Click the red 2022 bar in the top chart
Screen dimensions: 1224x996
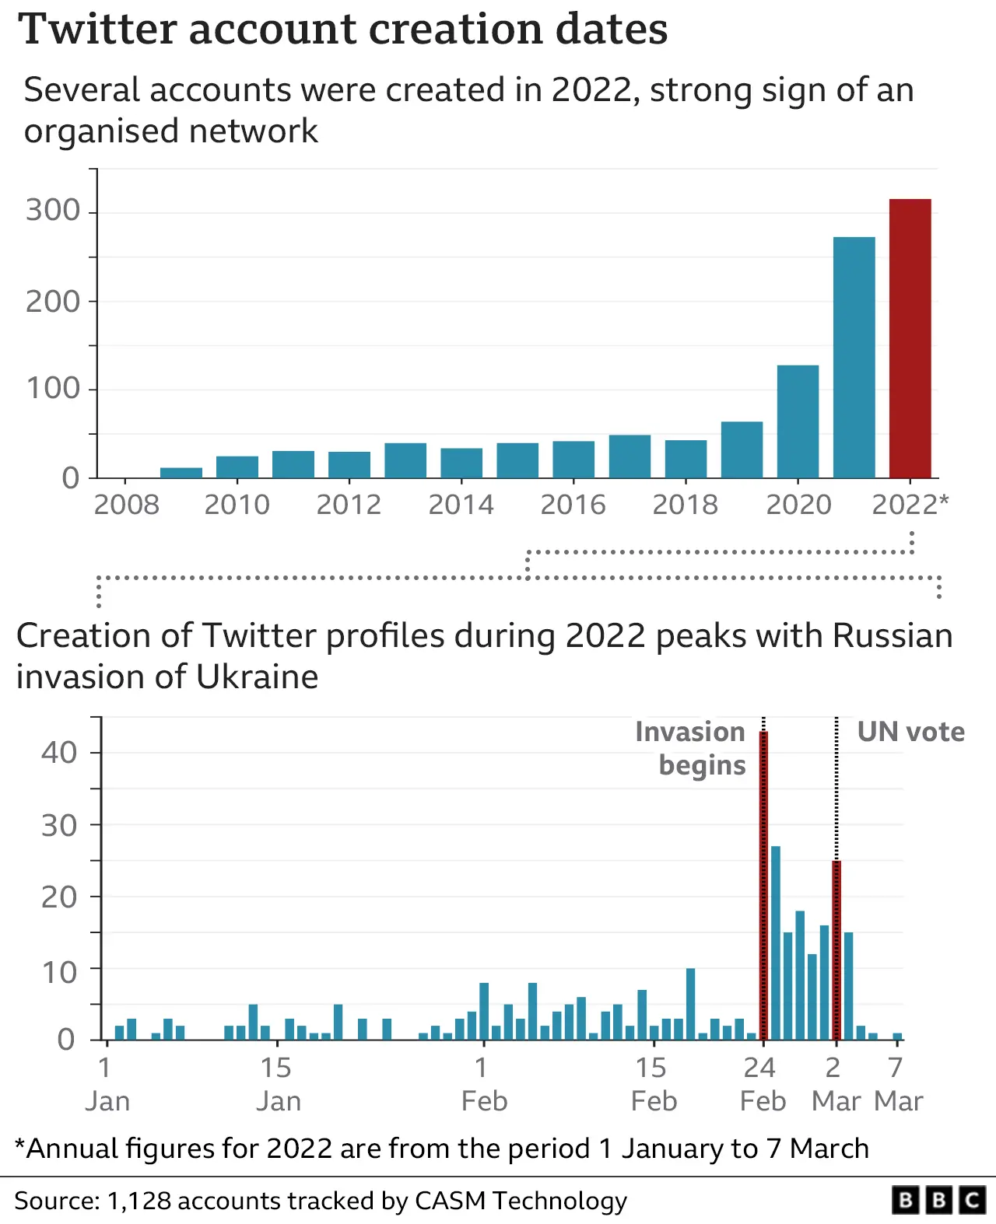tap(910, 338)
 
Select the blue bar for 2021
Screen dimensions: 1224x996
tap(854, 358)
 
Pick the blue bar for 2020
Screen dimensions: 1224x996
tap(798, 421)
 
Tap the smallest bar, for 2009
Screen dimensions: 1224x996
tap(181, 473)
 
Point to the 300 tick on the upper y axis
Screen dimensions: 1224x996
tap(53, 211)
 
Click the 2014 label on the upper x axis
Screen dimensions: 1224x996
tap(461, 505)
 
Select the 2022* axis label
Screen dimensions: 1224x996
tap(910, 505)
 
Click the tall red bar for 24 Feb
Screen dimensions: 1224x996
tap(763, 887)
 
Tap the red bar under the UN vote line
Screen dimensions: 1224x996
tap(836, 950)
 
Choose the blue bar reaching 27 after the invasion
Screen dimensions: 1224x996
tap(775, 942)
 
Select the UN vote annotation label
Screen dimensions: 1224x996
tap(910, 732)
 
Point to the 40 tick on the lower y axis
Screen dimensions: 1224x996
tap(59, 753)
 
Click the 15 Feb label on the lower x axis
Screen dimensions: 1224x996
tap(653, 1084)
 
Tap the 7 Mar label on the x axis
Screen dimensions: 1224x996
tap(897, 1084)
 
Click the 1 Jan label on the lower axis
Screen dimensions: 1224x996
tap(107, 1084)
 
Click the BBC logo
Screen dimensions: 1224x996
tap(938, 1200)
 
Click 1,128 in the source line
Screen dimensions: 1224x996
tap(139, 1201)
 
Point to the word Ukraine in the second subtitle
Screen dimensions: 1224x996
tap(257, 677)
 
